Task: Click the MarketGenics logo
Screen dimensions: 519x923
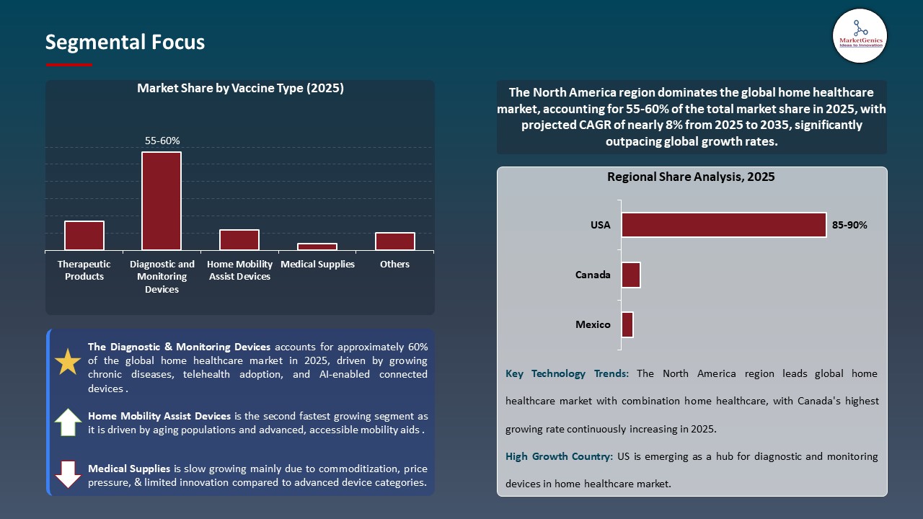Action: pyautogui.click(x=860, y=35)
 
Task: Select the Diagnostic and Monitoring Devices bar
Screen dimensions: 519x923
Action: pyautogui.click(x=162, y=201)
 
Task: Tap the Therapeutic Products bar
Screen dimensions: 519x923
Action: pyautogui.click(x=84, y=236)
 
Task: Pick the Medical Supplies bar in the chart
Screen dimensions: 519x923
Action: pyautogui.click(x=317, y=247)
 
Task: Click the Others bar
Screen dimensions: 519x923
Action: pyautogui.click(x=394, y=241)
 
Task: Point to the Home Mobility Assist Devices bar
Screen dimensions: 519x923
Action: pyautogui.click(x=239, y=240)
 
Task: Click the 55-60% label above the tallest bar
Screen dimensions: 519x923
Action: pyautogui.click(x=162, y=141)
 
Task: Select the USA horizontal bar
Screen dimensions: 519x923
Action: pyautogui.click(x=723, y=225)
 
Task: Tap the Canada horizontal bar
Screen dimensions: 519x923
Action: pyautogui.click(x=631, y=275)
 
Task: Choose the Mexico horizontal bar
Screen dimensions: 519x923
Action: pyautogui.click(x=627, y=324)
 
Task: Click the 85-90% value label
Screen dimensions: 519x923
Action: pyautogui.click(x=849, y=225)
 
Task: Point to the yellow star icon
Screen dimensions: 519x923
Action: pyautogui.click(x=68, y=362)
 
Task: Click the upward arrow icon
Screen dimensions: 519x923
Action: pyautogui.click(x=68, y=422)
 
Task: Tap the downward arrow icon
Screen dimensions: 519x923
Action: pyautogui.click(x=68, y=474)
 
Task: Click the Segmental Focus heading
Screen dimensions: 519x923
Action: pyautogui.click(x=125, y=43)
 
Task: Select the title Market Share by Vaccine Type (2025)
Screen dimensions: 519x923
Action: pyautogui.click(x=240, y=89)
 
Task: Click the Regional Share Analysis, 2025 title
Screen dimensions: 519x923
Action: pyautogui.click(x=691, y=177)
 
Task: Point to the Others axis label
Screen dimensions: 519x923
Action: pyautogui.click(x=394, y=265)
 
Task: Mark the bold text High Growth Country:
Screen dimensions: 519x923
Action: pyautogui.click(x=559, y=456)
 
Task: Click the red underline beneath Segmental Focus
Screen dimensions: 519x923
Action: pyautogui.click(x=69, y=65)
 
